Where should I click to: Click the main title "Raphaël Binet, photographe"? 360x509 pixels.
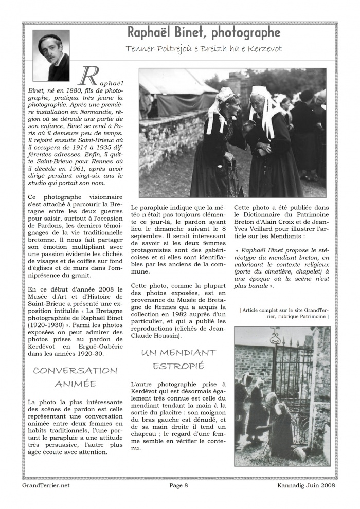click(x=204, y=33)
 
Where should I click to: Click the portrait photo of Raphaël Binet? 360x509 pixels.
click(x=51, y=56)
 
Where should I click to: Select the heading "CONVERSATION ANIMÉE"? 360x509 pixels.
click(x=75, y=377)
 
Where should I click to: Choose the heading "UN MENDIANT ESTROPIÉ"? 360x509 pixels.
click(x=178, y=359)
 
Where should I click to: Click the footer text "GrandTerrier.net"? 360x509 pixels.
click(x=46, y=485)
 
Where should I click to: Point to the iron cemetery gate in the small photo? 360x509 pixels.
click(x=291, y=375)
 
